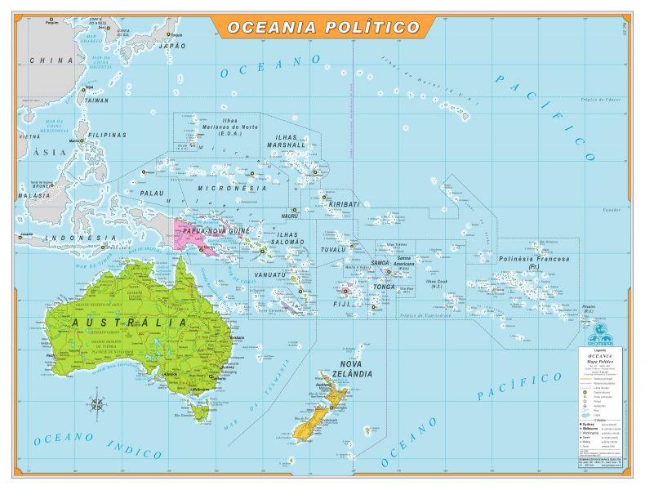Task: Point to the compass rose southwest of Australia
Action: [97, 403]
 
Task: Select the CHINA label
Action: [51, 60]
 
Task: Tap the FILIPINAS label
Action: [106, 135]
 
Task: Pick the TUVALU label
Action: [333, 249]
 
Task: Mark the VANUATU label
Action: [269, 275]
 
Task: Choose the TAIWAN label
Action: [96, 100]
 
